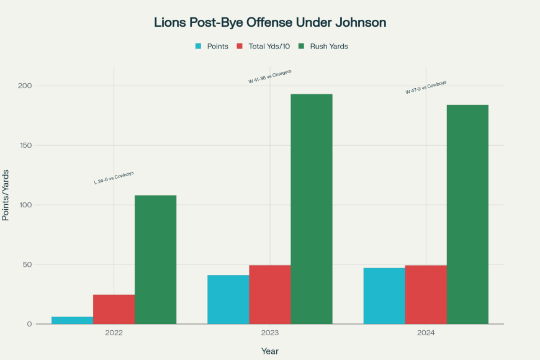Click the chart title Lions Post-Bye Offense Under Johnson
(x=270, y=22)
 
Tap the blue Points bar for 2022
(x=73, y=320)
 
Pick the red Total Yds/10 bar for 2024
(x=426, y=295)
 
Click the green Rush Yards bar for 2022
(x=156, y=259)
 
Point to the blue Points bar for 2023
(x=228, y=299)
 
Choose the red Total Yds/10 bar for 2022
(x=114, y=309)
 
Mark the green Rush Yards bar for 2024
(x=467, y=214)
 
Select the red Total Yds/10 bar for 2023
(x=270, y=295)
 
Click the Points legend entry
(x=212, y=47)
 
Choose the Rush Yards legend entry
(x=323, y=47)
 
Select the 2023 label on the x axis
(x=270, y=333)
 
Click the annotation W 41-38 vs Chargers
(x=270, y=76)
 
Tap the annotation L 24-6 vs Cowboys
(x=114, y=178)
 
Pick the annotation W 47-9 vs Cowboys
(x=426, y=88)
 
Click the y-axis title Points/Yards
(x=6, y=194)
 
